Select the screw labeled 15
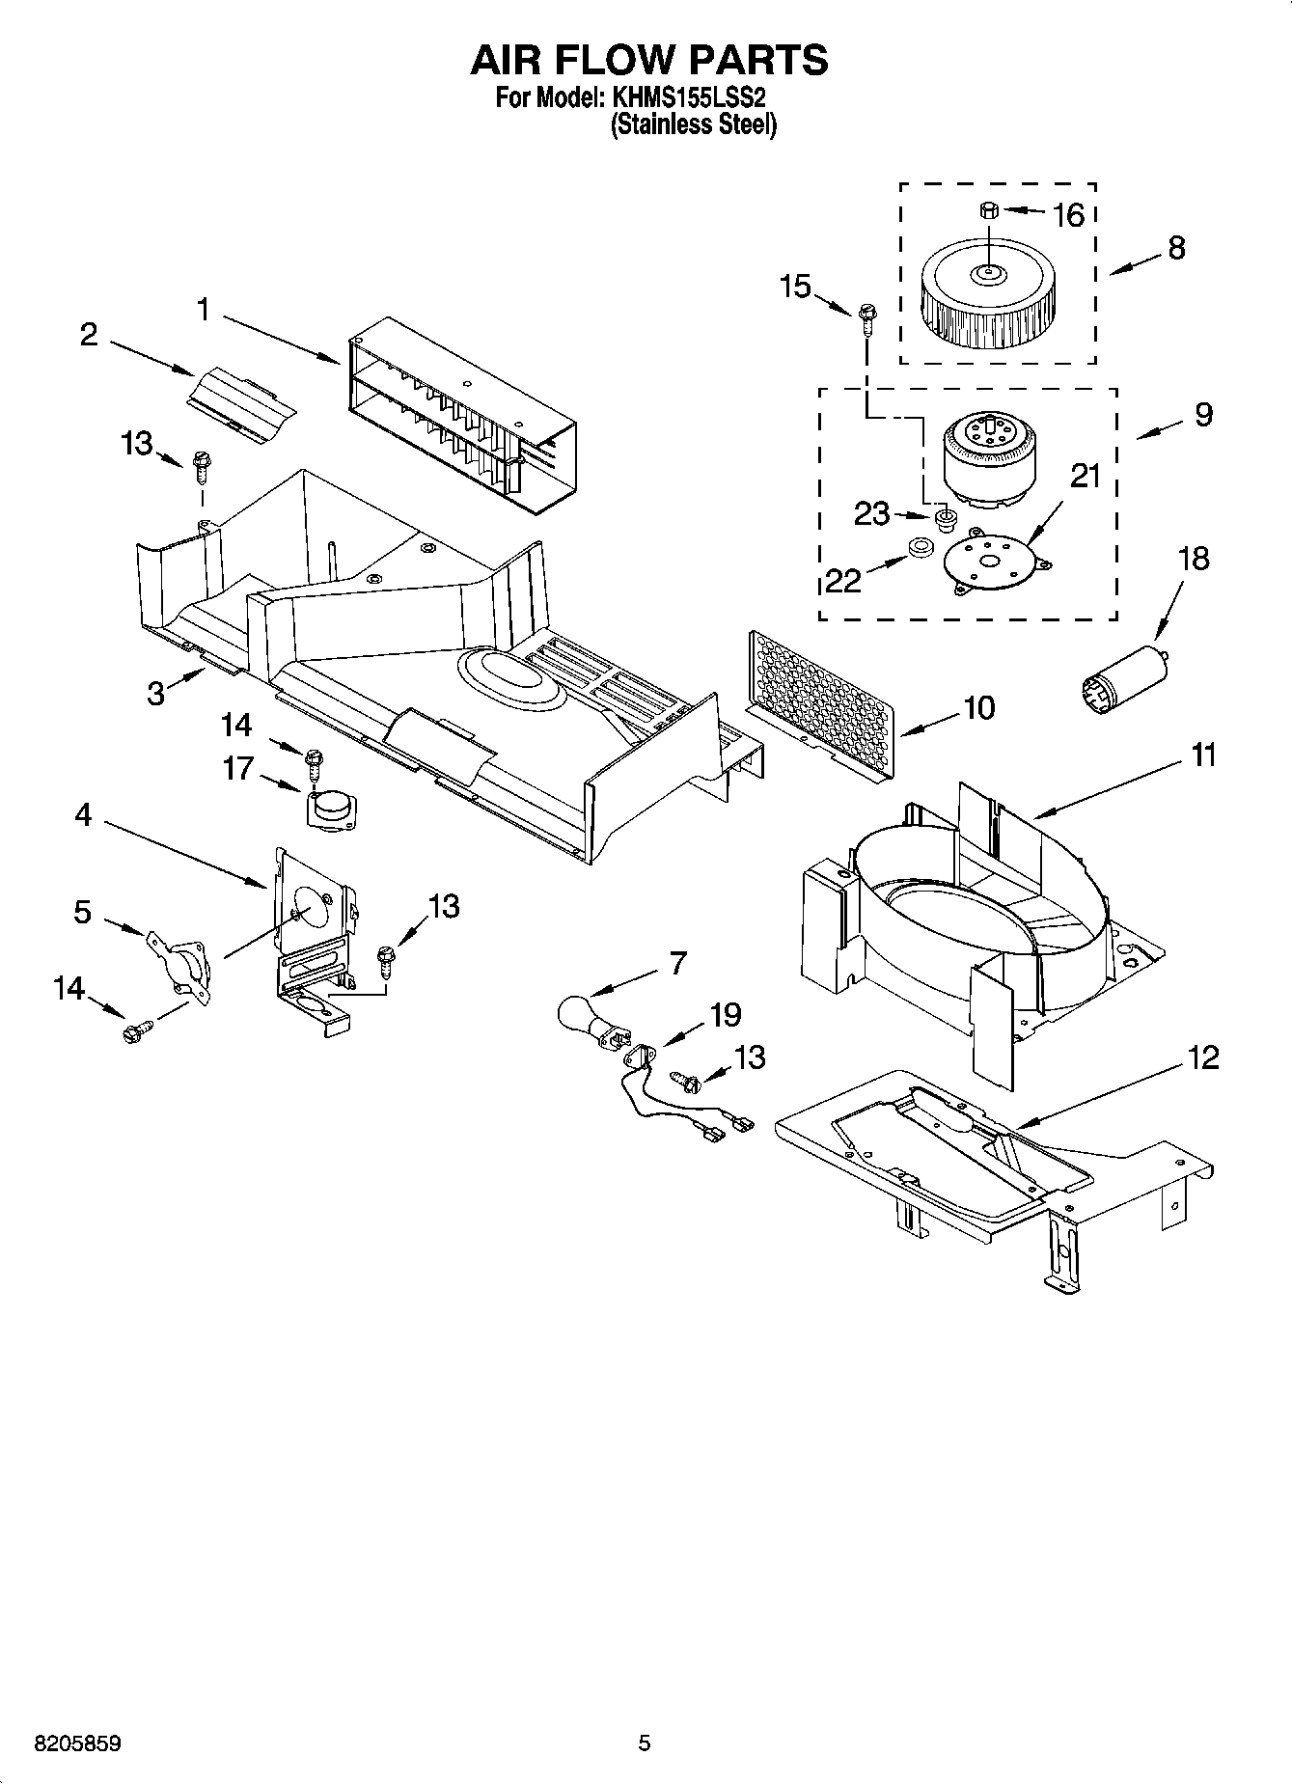[866, 316]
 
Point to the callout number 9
[1202, 415]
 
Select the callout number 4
[83, 816]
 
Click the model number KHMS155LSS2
[688, 98]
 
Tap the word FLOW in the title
[649, 60]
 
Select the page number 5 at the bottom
[645, 1743]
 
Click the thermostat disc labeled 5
[180, 959]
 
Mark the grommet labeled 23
[946, 521]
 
